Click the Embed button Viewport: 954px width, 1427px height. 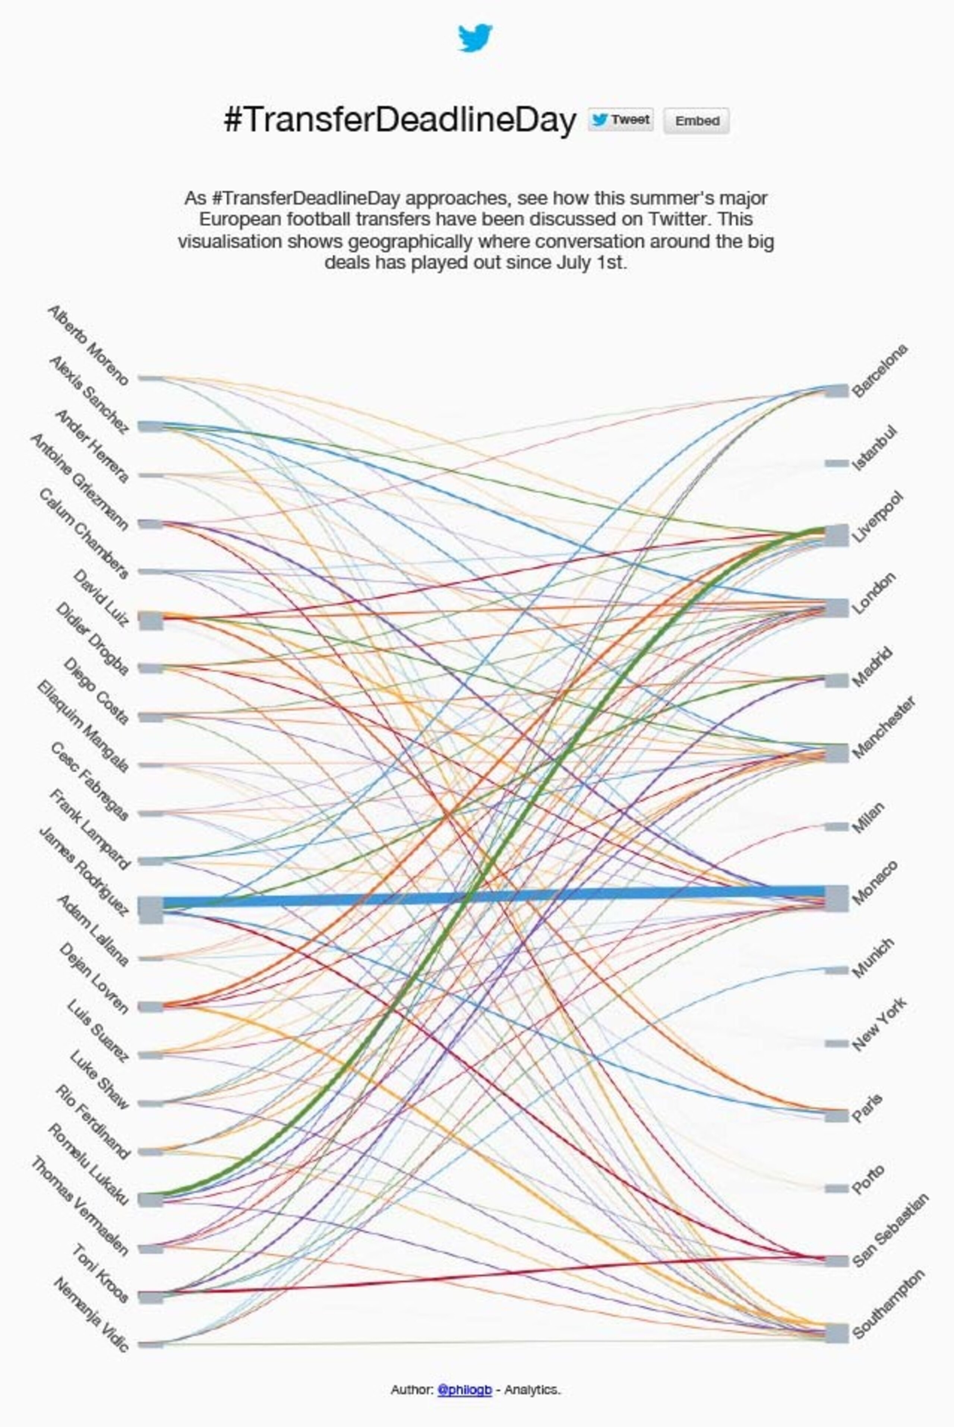[x=696, y=120]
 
